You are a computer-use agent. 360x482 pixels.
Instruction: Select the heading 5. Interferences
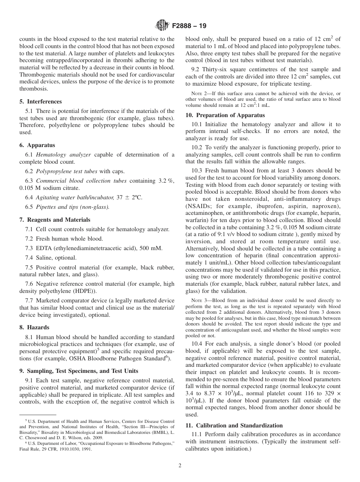point(41,102)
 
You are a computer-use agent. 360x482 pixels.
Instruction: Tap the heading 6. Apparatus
point(37,145)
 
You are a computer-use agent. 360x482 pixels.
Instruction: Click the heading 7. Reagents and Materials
point(55,220)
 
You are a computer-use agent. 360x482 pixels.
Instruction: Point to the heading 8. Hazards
point(34,327)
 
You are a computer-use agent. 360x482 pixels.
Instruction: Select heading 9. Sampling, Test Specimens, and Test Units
point(79,371)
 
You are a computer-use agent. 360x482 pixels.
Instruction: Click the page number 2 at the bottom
point(180,466)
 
